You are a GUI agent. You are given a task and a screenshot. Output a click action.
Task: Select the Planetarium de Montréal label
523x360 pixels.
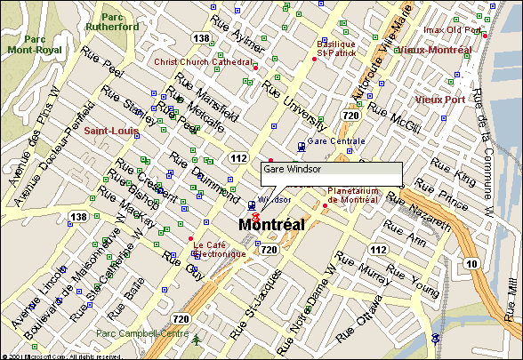click(354, 195)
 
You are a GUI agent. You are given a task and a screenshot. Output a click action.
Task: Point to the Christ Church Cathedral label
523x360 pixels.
click(204, 62)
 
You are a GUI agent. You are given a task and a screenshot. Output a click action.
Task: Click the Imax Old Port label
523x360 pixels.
click(452, 30)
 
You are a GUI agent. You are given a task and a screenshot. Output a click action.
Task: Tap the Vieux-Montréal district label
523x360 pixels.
click(433, 51)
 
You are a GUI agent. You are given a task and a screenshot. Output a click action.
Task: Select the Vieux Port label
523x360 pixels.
click(439, 100)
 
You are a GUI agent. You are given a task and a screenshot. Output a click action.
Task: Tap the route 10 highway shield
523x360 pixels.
click(496, 263)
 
